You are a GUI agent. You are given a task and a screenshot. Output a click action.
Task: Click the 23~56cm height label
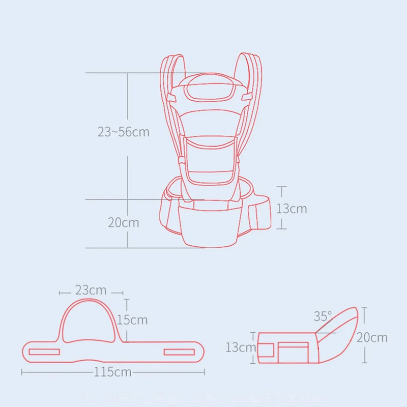click(x=124, y=132)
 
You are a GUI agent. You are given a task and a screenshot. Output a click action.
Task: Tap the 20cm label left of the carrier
click(x=123, y=222)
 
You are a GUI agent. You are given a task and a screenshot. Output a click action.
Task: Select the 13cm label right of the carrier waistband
click(x=292, y=209)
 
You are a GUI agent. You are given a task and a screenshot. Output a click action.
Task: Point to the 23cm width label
click(x=91, y=290)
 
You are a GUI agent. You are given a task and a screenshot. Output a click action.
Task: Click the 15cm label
click(x=132, y=319)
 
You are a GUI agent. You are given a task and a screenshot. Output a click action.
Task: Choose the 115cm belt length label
click(x=113, y=372)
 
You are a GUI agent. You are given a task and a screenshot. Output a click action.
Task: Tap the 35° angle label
click(x=322, y=316)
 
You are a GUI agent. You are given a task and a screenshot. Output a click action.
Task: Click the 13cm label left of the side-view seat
click(x=241, y=347)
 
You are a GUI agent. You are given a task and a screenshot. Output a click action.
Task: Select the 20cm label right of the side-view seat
click(x=372, y=337)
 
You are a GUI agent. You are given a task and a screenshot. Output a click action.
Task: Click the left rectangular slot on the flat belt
click(x=45, y=352)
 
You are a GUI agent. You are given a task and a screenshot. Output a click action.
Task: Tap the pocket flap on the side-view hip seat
click(x=293, y=352)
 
